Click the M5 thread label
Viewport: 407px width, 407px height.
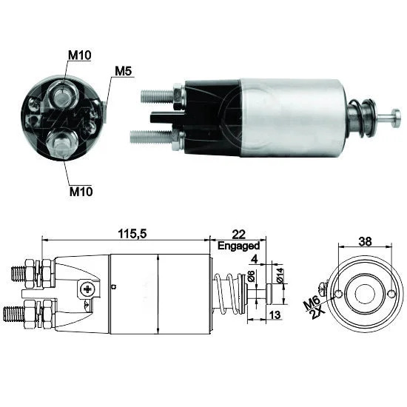124,71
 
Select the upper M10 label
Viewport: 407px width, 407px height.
79,55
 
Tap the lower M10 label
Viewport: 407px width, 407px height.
81,192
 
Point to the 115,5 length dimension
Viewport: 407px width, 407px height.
132,234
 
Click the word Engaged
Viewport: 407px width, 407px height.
238,246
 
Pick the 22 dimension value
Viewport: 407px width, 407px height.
238,235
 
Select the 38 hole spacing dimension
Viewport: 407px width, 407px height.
365,241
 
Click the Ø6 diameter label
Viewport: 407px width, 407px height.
251,276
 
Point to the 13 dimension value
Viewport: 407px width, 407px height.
275,314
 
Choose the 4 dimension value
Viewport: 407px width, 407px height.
255,259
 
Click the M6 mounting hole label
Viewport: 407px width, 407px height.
312,303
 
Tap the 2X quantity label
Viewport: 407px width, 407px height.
317,313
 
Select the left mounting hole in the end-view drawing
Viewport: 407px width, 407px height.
339,294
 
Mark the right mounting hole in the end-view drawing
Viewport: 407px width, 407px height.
391,294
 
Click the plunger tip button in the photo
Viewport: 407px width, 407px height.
396,118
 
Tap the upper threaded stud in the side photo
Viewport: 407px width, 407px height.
158,96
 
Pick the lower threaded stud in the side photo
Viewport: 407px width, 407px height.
151,137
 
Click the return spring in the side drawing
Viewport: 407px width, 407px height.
229,293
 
